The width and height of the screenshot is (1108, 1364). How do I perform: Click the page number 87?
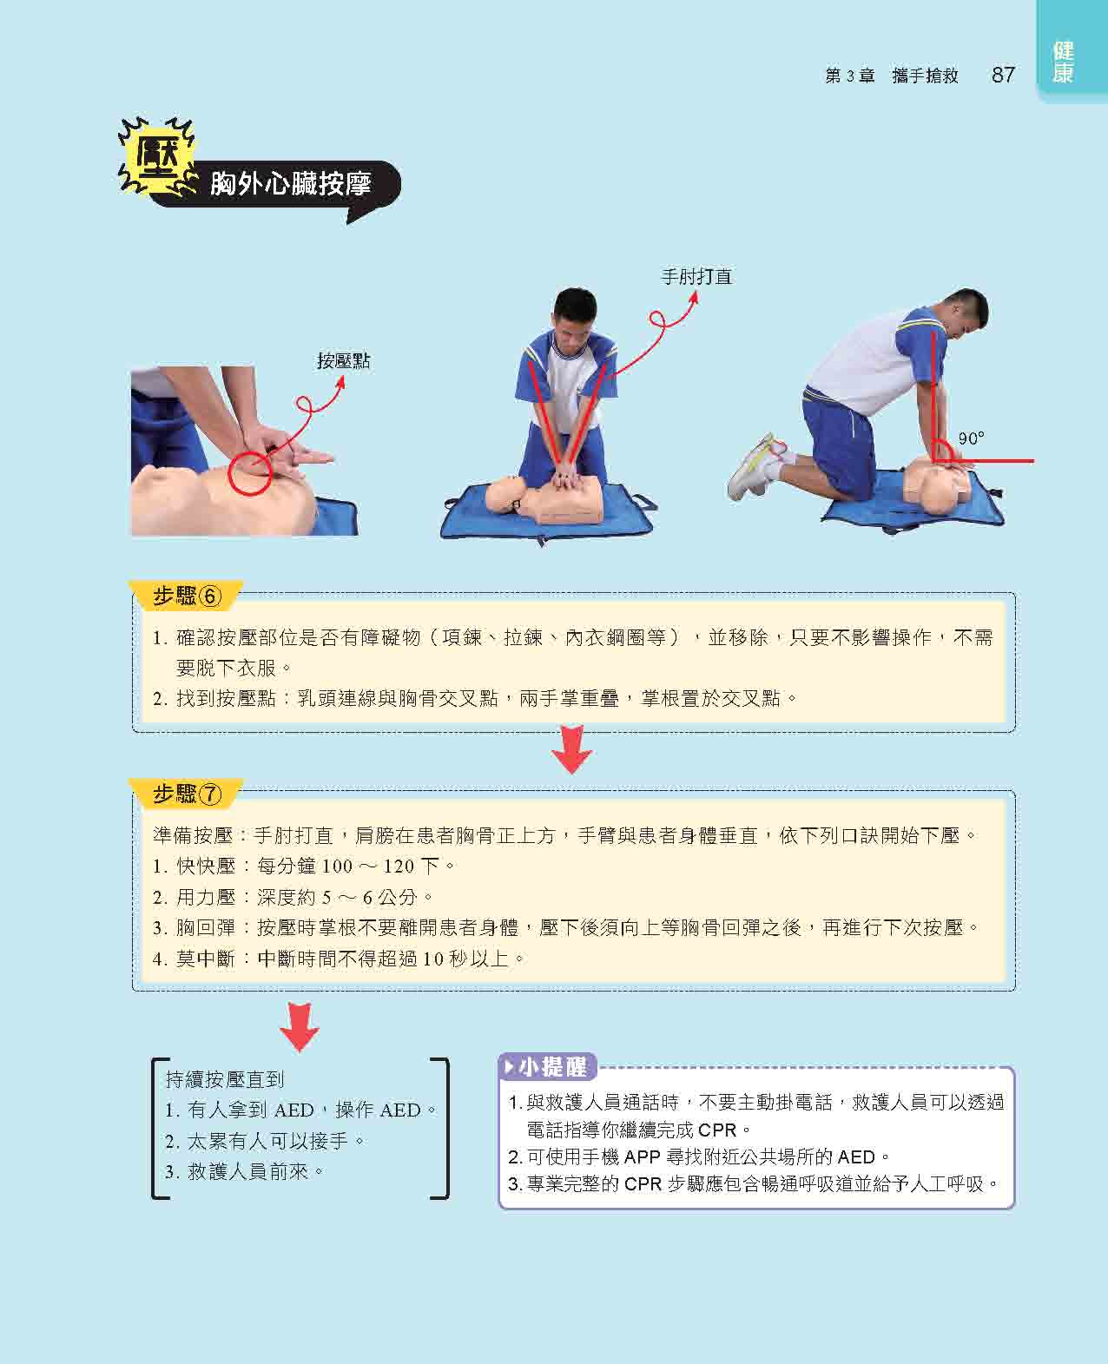[x=1003, y=75]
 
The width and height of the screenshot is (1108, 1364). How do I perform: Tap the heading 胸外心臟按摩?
[x=291, y=184]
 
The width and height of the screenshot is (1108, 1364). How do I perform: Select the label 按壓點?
[x=343, y=360]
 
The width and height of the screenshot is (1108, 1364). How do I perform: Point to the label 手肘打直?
[x=696, y=277]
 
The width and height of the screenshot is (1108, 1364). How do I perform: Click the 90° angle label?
[x=971, y=438]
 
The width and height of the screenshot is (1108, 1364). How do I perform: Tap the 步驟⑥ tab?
[x=187, y=596]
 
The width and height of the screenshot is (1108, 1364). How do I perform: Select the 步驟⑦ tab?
[x=187, y=794]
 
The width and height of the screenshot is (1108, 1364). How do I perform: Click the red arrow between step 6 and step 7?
[x=571, y=749]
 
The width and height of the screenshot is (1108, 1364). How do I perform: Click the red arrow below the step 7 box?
[x=299, y=1026]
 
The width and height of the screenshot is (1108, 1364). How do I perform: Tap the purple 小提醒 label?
[x=547, y=1067]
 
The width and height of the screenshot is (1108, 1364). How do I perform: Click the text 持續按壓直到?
[x=224, y=1080]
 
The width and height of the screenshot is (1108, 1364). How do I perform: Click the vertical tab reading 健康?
[x=1063, y=63]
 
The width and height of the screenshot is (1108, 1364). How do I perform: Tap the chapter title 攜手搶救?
[x=925, y=76]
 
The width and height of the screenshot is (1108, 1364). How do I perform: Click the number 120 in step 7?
[x=399, y=867]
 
